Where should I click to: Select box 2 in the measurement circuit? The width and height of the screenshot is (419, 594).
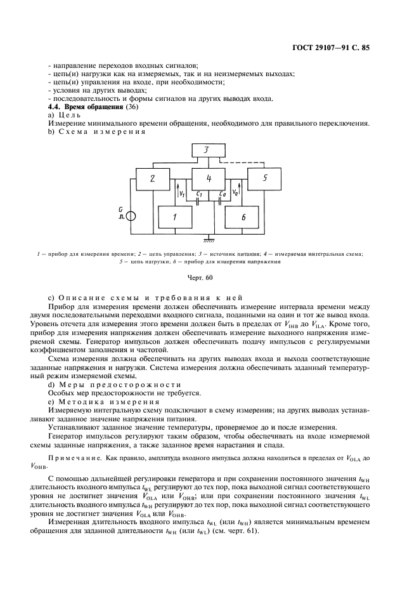pos(152,179)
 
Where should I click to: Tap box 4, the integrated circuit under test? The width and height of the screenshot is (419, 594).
pos(209,179)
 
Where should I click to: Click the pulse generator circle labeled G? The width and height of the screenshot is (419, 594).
pos(131,216)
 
